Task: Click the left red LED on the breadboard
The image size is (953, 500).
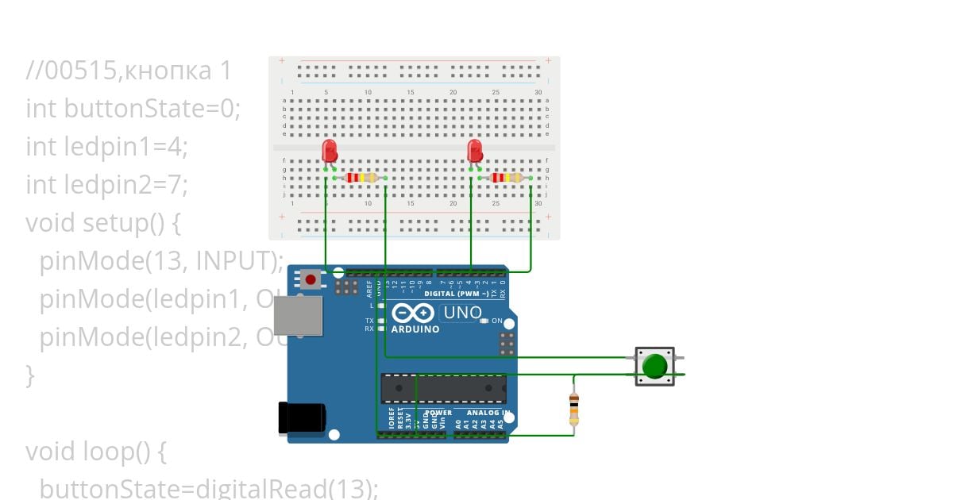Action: [329, 151]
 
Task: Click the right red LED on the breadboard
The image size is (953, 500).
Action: [475, 151]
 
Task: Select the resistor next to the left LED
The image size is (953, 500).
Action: [361, 178]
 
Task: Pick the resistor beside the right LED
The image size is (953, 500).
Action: [507, 178]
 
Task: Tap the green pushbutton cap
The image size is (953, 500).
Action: [654, 366]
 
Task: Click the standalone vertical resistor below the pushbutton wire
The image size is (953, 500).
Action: [574, 409]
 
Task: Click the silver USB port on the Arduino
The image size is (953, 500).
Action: [298, 316]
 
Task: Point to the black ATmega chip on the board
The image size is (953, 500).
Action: [442, 388]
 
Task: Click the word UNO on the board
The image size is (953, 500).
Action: [462, 313]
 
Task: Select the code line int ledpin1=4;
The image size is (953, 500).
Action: [106, 147]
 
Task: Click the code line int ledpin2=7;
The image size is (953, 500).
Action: [106, 185]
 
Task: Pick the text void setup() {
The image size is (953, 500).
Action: [103, 223]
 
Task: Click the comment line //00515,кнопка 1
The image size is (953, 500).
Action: [129, 71]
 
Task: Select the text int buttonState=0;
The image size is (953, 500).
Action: [133, 109]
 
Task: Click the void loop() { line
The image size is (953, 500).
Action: [95, 451]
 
